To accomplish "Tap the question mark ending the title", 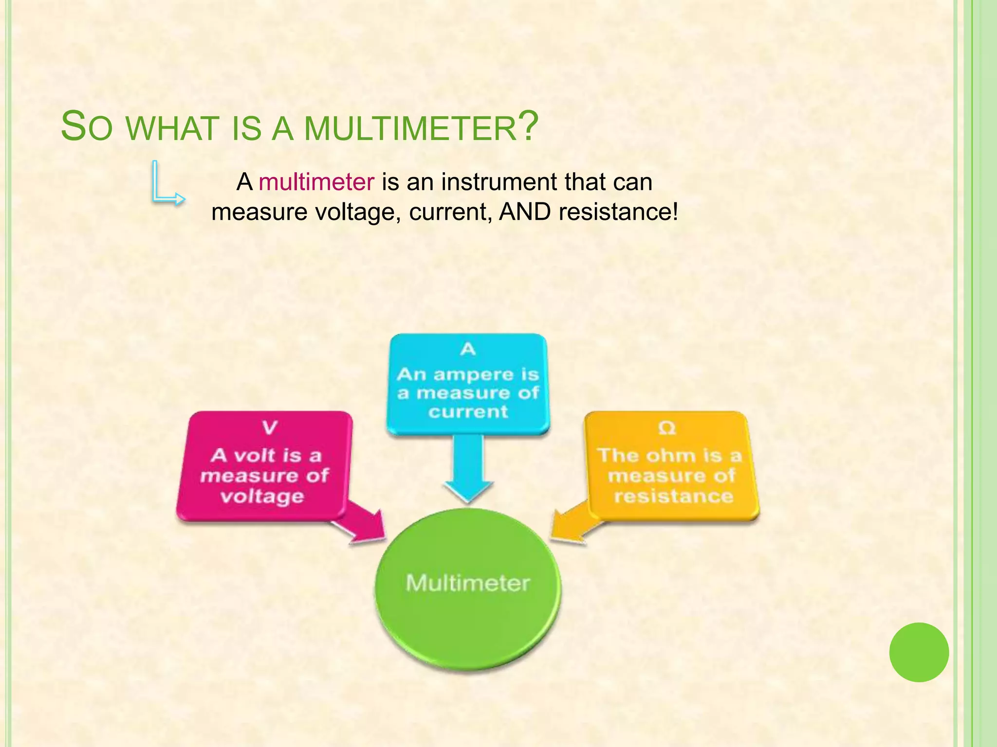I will point(528,126).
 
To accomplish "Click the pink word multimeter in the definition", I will point(316,182).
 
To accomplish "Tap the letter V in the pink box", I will point(269,428).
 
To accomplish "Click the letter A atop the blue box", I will point(468,349).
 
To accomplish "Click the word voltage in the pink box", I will point(262,497).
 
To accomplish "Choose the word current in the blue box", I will point(468,412).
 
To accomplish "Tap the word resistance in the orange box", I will point(673,497).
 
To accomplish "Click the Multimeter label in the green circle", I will point(468,583).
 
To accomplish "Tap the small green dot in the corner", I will point(919,652).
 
